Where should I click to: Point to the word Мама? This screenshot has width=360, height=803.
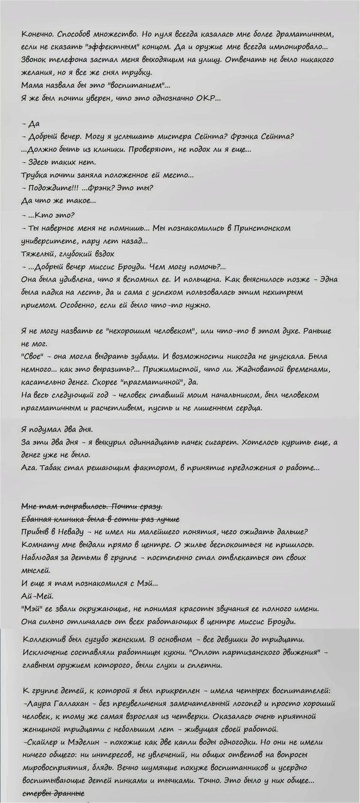click(x=32, y=85)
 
